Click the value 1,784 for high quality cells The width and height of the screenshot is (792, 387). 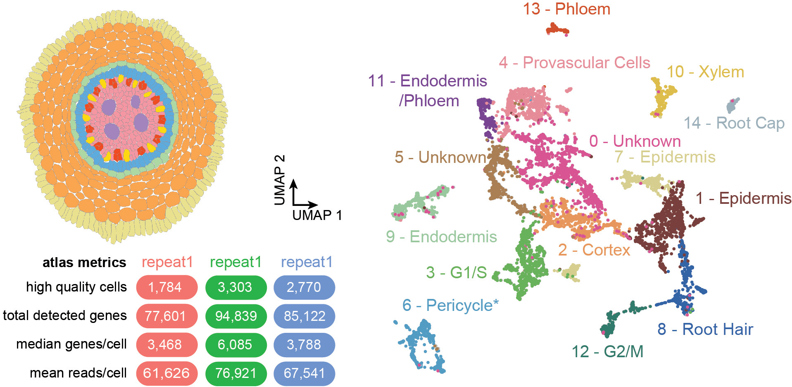click(165, 287)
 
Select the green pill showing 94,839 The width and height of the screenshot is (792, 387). click(236, 316)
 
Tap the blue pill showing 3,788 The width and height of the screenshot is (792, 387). click(304, 344)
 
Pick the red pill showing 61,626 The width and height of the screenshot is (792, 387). click(166, 373)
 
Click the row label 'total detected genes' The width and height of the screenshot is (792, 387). click(65, 315)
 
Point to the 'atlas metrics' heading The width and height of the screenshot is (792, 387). click(84, 263)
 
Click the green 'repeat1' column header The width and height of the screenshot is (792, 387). click(235, 262)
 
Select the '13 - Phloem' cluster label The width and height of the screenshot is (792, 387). click(566, 9)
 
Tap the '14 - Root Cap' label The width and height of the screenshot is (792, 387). click(734, 123)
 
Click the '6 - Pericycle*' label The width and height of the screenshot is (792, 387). click(450, 306)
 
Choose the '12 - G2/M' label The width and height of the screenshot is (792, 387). click(607, 352)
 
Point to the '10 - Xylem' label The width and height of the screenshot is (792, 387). click(705, 72)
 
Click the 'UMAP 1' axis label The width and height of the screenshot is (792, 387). click(317, 215)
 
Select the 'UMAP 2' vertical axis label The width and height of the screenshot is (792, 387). click(280, 180)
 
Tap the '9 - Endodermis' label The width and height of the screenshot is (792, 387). click(441, 237)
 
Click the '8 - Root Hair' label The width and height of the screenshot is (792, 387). click(705, 330)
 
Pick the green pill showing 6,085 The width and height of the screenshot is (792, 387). click(235, 344)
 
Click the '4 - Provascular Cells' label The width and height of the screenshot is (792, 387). click(574, 63)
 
